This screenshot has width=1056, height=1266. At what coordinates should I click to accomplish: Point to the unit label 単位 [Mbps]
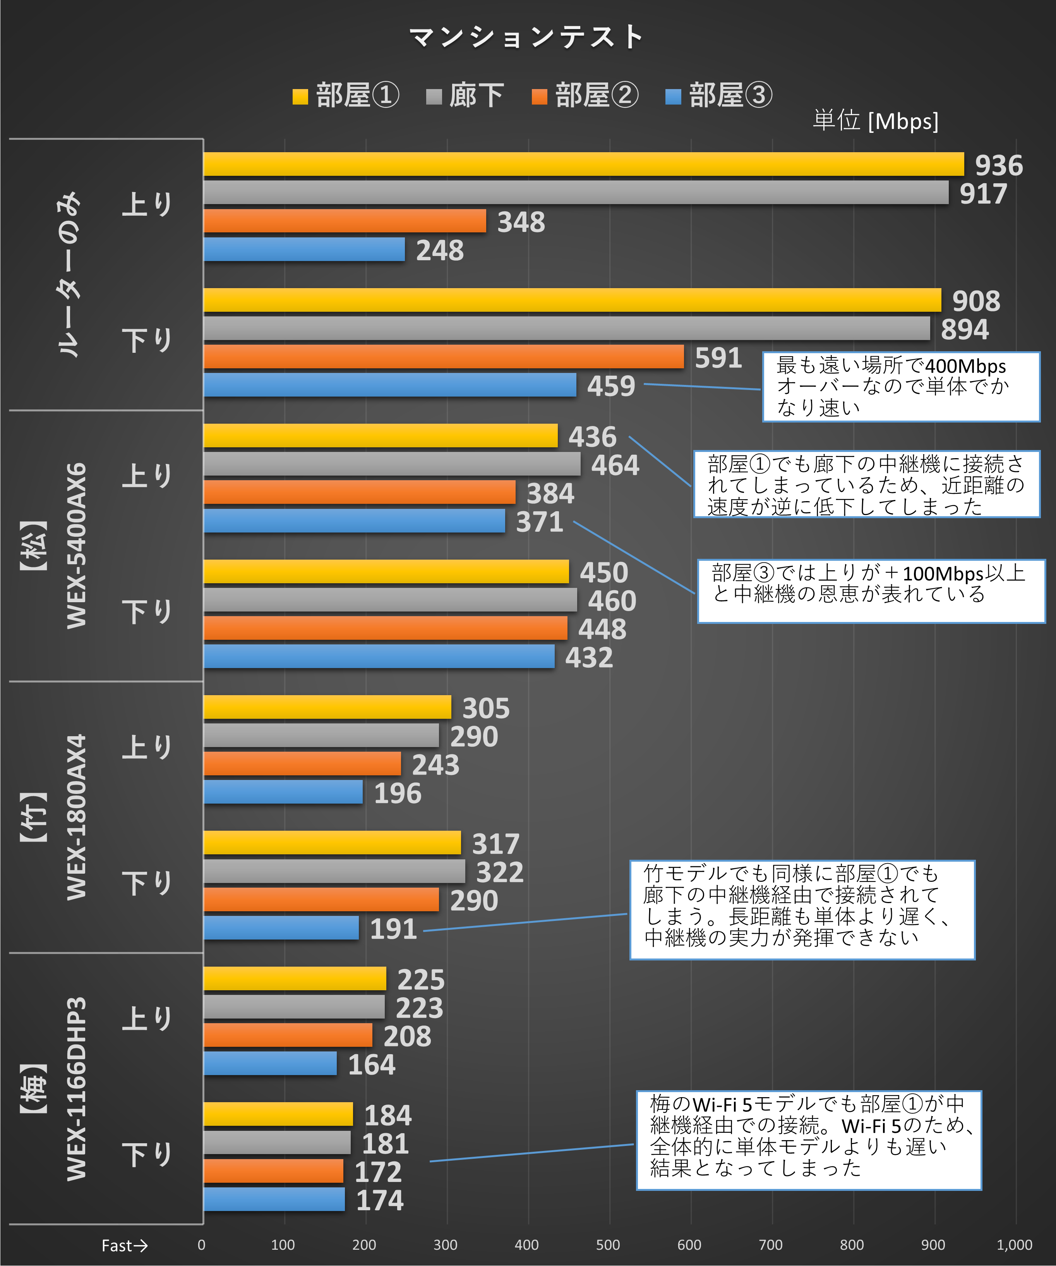(x=875, y=120)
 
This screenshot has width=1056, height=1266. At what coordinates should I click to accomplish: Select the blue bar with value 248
(x=304, y=249)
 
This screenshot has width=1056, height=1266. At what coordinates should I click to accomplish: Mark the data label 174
(x=380, y=1200)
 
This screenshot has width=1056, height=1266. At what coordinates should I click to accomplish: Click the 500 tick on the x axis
(x=608, y=1245)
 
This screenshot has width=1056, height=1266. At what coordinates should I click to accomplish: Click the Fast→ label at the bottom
(x=124, y=1245)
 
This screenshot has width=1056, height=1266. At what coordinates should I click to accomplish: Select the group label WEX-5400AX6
(x=77, y=546)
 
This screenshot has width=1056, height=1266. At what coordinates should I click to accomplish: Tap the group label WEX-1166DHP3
(x=77, y=1089)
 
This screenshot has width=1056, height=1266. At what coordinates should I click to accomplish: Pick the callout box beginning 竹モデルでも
(x=802, y=910)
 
